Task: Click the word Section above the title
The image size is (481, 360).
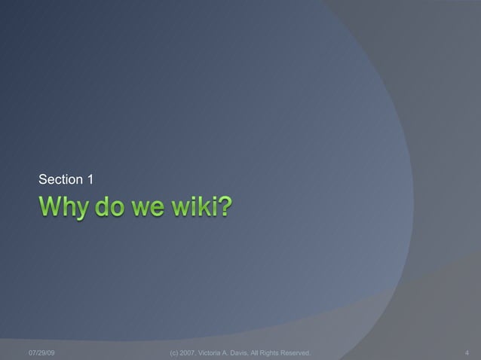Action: pos(61,179)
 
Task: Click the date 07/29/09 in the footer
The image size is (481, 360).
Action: pos(41,352)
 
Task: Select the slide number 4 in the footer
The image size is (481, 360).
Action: pos(468,352)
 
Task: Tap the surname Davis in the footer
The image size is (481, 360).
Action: pos(249,352)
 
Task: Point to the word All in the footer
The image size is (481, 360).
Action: pos(265,352)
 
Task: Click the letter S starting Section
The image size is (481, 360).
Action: pos(42,179)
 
